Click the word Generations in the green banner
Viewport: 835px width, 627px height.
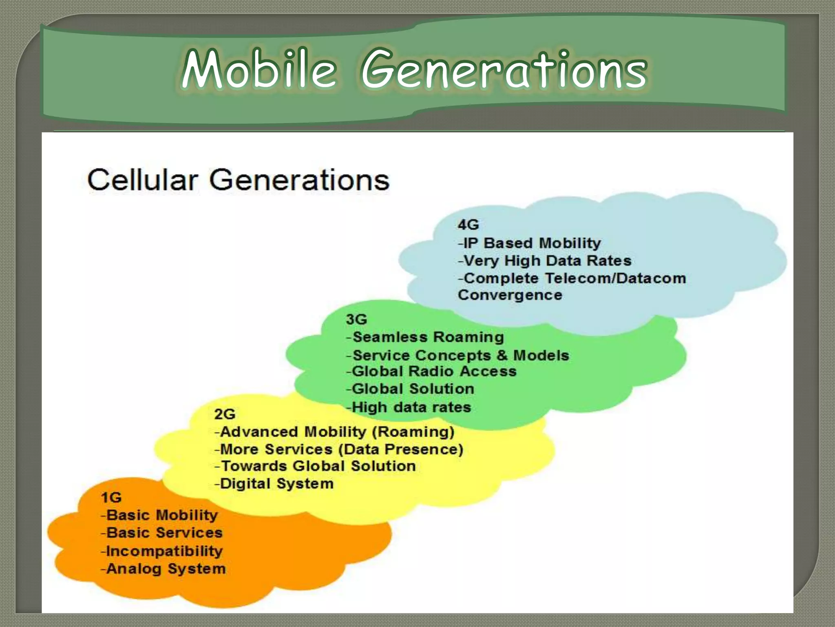coord(504,70)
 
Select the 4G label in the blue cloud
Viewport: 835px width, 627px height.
coord(468,225)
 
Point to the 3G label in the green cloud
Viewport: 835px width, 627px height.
coord(356,319)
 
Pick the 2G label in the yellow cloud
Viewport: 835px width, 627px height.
coord(225,414)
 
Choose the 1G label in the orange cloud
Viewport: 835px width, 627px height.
coord(111,498)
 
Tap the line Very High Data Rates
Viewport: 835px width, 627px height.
coord(545,261)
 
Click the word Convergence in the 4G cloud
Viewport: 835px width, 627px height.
coord(510,295)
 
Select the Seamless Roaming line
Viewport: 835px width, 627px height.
coord(425,337)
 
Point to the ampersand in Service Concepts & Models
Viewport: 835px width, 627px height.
coord(502,355)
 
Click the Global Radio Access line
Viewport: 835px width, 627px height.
coord(431,371)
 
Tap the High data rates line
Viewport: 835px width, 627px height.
coord(409,407)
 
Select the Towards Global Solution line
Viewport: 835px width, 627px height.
coord(315,466)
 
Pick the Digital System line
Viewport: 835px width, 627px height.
coord(274,484)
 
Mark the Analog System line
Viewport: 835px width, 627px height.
coord(163,569)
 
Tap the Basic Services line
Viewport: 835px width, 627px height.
coord(162,533)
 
